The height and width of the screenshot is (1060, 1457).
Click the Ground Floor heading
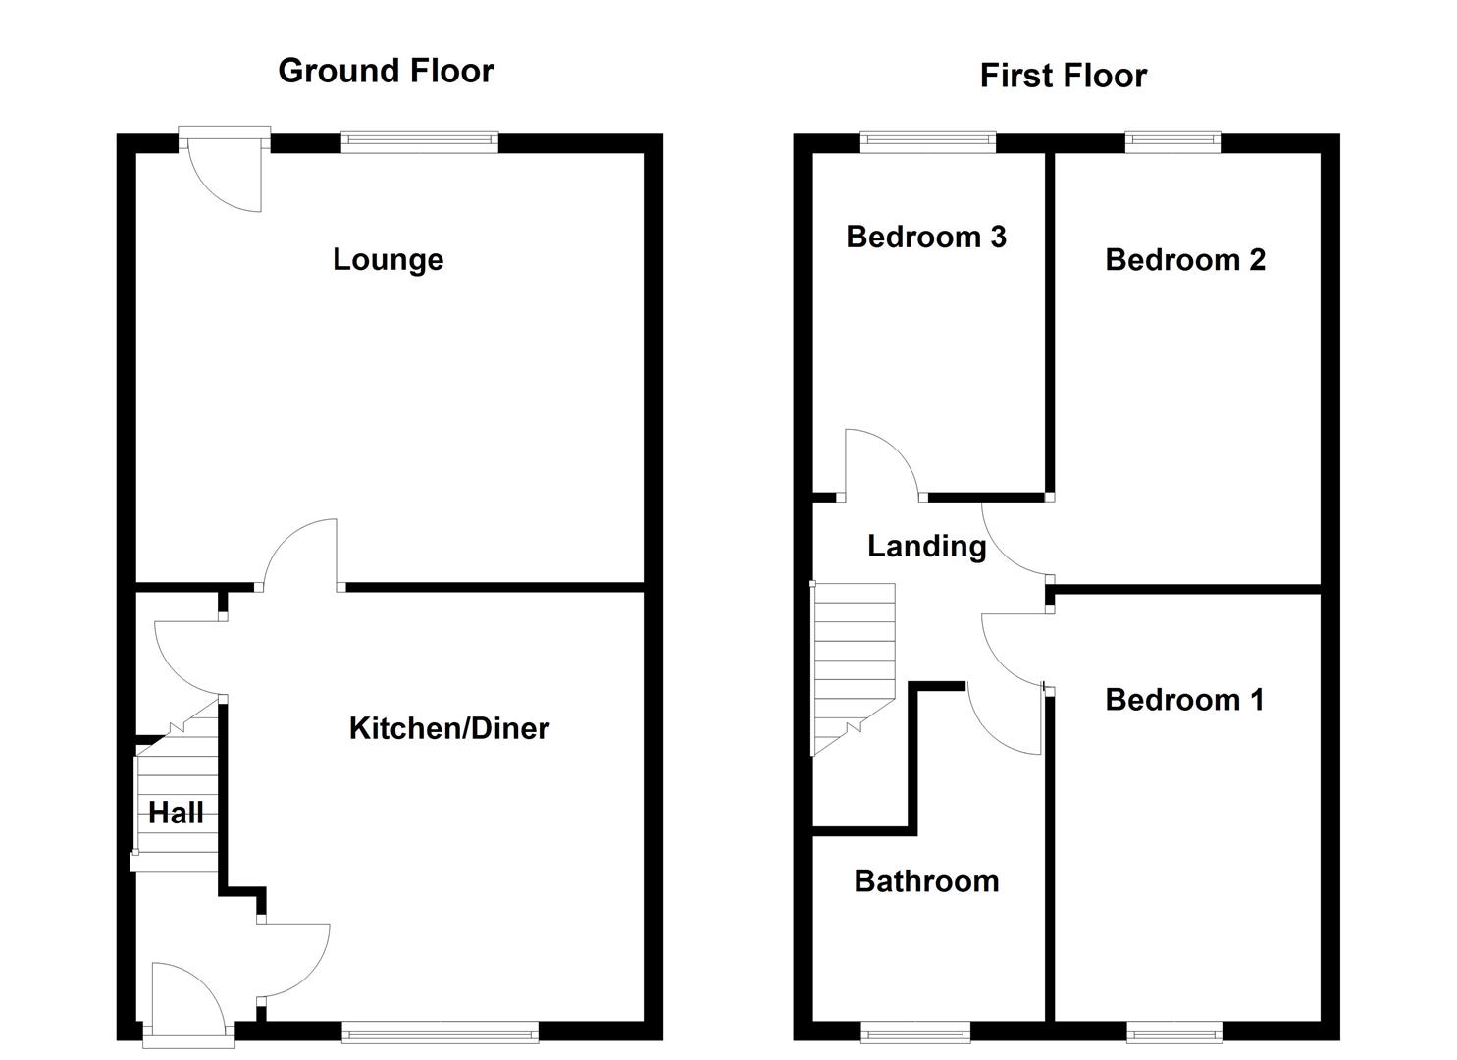[386, 71]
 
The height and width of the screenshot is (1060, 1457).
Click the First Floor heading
[1063, 76]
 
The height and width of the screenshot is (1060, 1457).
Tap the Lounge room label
[388, 259]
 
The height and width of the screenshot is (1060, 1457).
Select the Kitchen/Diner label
[448, 728]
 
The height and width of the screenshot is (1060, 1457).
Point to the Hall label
[177, 813]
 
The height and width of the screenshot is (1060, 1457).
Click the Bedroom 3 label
[925, 237]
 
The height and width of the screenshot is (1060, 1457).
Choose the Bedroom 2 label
[1184, 259]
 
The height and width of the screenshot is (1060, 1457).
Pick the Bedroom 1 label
[1183, 700]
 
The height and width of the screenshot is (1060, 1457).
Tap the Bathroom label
[926, 881]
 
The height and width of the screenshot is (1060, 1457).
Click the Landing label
[926, 546]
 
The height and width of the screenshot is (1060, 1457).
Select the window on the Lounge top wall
[419, 142]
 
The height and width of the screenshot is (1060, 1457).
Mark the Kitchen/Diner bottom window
[440, 1031]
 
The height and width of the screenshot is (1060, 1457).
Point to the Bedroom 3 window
[927, 142]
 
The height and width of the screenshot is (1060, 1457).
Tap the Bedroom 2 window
[1172, 142]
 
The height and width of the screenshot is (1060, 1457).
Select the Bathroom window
[914, 1031]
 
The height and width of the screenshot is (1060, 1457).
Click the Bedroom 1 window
[1173, 1031]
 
